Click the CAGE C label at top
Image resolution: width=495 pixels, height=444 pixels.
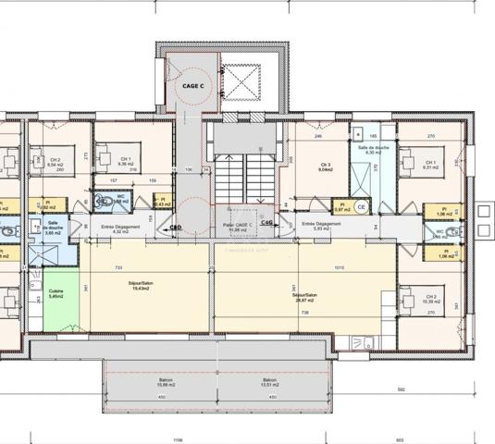click(x=193, y=85)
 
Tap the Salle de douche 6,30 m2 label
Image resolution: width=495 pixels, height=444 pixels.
click(x=373, y=150)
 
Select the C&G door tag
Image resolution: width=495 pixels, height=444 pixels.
click(x=266, y=223)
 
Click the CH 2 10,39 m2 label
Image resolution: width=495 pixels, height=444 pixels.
click(x=431, y=299)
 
